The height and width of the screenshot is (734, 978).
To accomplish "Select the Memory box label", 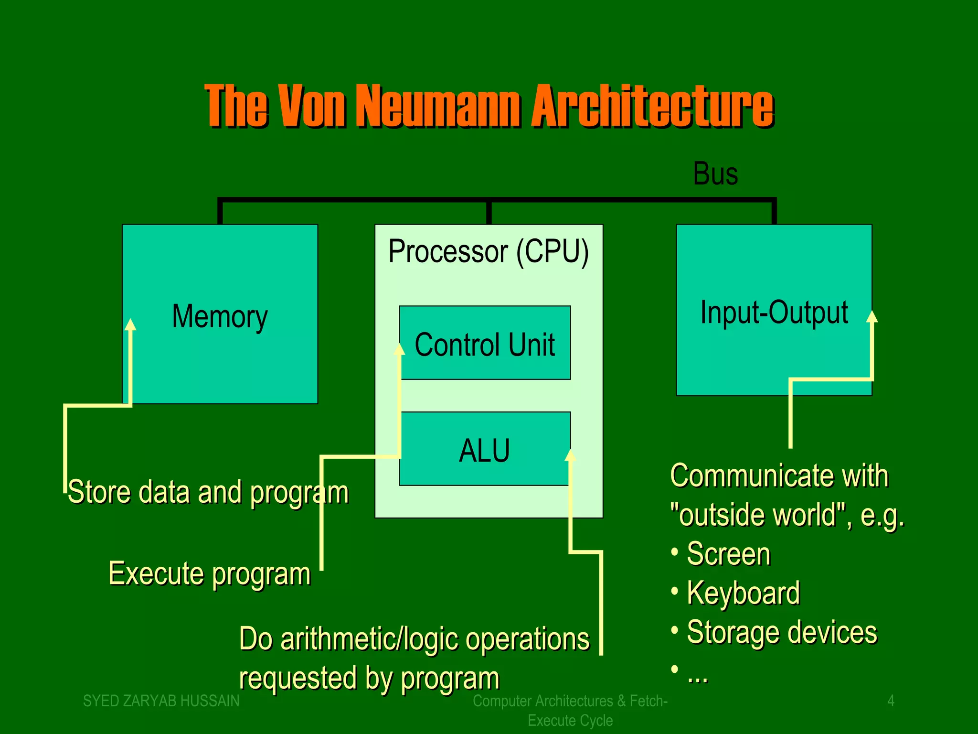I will coord(220,316).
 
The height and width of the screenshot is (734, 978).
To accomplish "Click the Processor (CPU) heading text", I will coord(488,251).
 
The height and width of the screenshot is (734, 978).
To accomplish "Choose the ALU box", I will coord(484,450).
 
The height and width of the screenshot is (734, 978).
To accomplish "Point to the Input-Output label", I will coord(774,313).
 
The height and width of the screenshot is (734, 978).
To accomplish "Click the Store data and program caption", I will coord(208,492).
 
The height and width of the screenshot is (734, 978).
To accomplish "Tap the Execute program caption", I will coord(209,573).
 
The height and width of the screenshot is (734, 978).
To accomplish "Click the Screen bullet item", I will coord(728,554).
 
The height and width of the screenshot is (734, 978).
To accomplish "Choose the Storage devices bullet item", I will coord(782,632).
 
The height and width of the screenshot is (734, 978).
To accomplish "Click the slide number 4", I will coord(891,701).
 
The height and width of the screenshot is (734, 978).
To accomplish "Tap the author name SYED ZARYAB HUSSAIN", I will coord(161,701).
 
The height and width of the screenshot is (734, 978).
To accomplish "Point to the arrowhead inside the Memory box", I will coord(130,325).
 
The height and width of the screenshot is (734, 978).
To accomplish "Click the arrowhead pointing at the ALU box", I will coord(570,455).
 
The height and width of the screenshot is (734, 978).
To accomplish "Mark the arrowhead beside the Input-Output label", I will coord(872,316).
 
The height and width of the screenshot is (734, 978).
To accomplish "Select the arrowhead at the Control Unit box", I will coord(399,349).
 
